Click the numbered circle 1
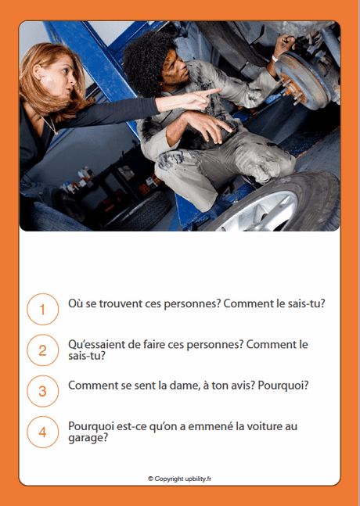pos(42,309)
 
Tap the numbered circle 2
pos(42,350)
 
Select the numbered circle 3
pos(42,391)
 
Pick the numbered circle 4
pos(42,432)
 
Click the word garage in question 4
pos(88,438)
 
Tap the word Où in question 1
pos(76,303)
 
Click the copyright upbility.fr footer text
pos(179,478)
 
